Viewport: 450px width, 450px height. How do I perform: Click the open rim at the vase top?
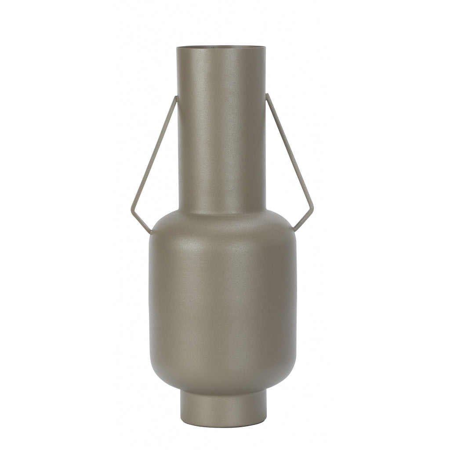[x=221, y=46]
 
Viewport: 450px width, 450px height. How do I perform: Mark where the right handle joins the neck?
[x=267, y=95]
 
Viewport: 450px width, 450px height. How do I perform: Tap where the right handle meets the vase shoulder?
[x=294, y=230]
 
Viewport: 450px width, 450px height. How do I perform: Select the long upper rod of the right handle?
[x=289, y=154]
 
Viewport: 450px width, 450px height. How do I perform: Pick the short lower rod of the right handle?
[x=303, y=222]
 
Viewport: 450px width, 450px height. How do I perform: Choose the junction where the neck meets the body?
[x=221, y=211]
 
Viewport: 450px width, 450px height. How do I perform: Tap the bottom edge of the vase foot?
[x=223, y=420]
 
